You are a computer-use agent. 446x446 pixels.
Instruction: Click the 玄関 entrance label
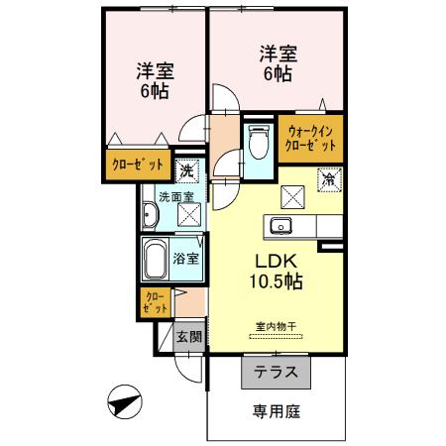pyautogui.click(x=189, y=337)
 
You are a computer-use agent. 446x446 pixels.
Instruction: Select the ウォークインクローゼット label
pyautogui.click(x=311, y=137)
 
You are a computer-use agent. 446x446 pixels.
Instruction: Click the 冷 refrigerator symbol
pyautogui.click(x=328, y=179)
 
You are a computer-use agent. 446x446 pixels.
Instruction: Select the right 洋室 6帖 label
pyautogui.click(x=277, y=61)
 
